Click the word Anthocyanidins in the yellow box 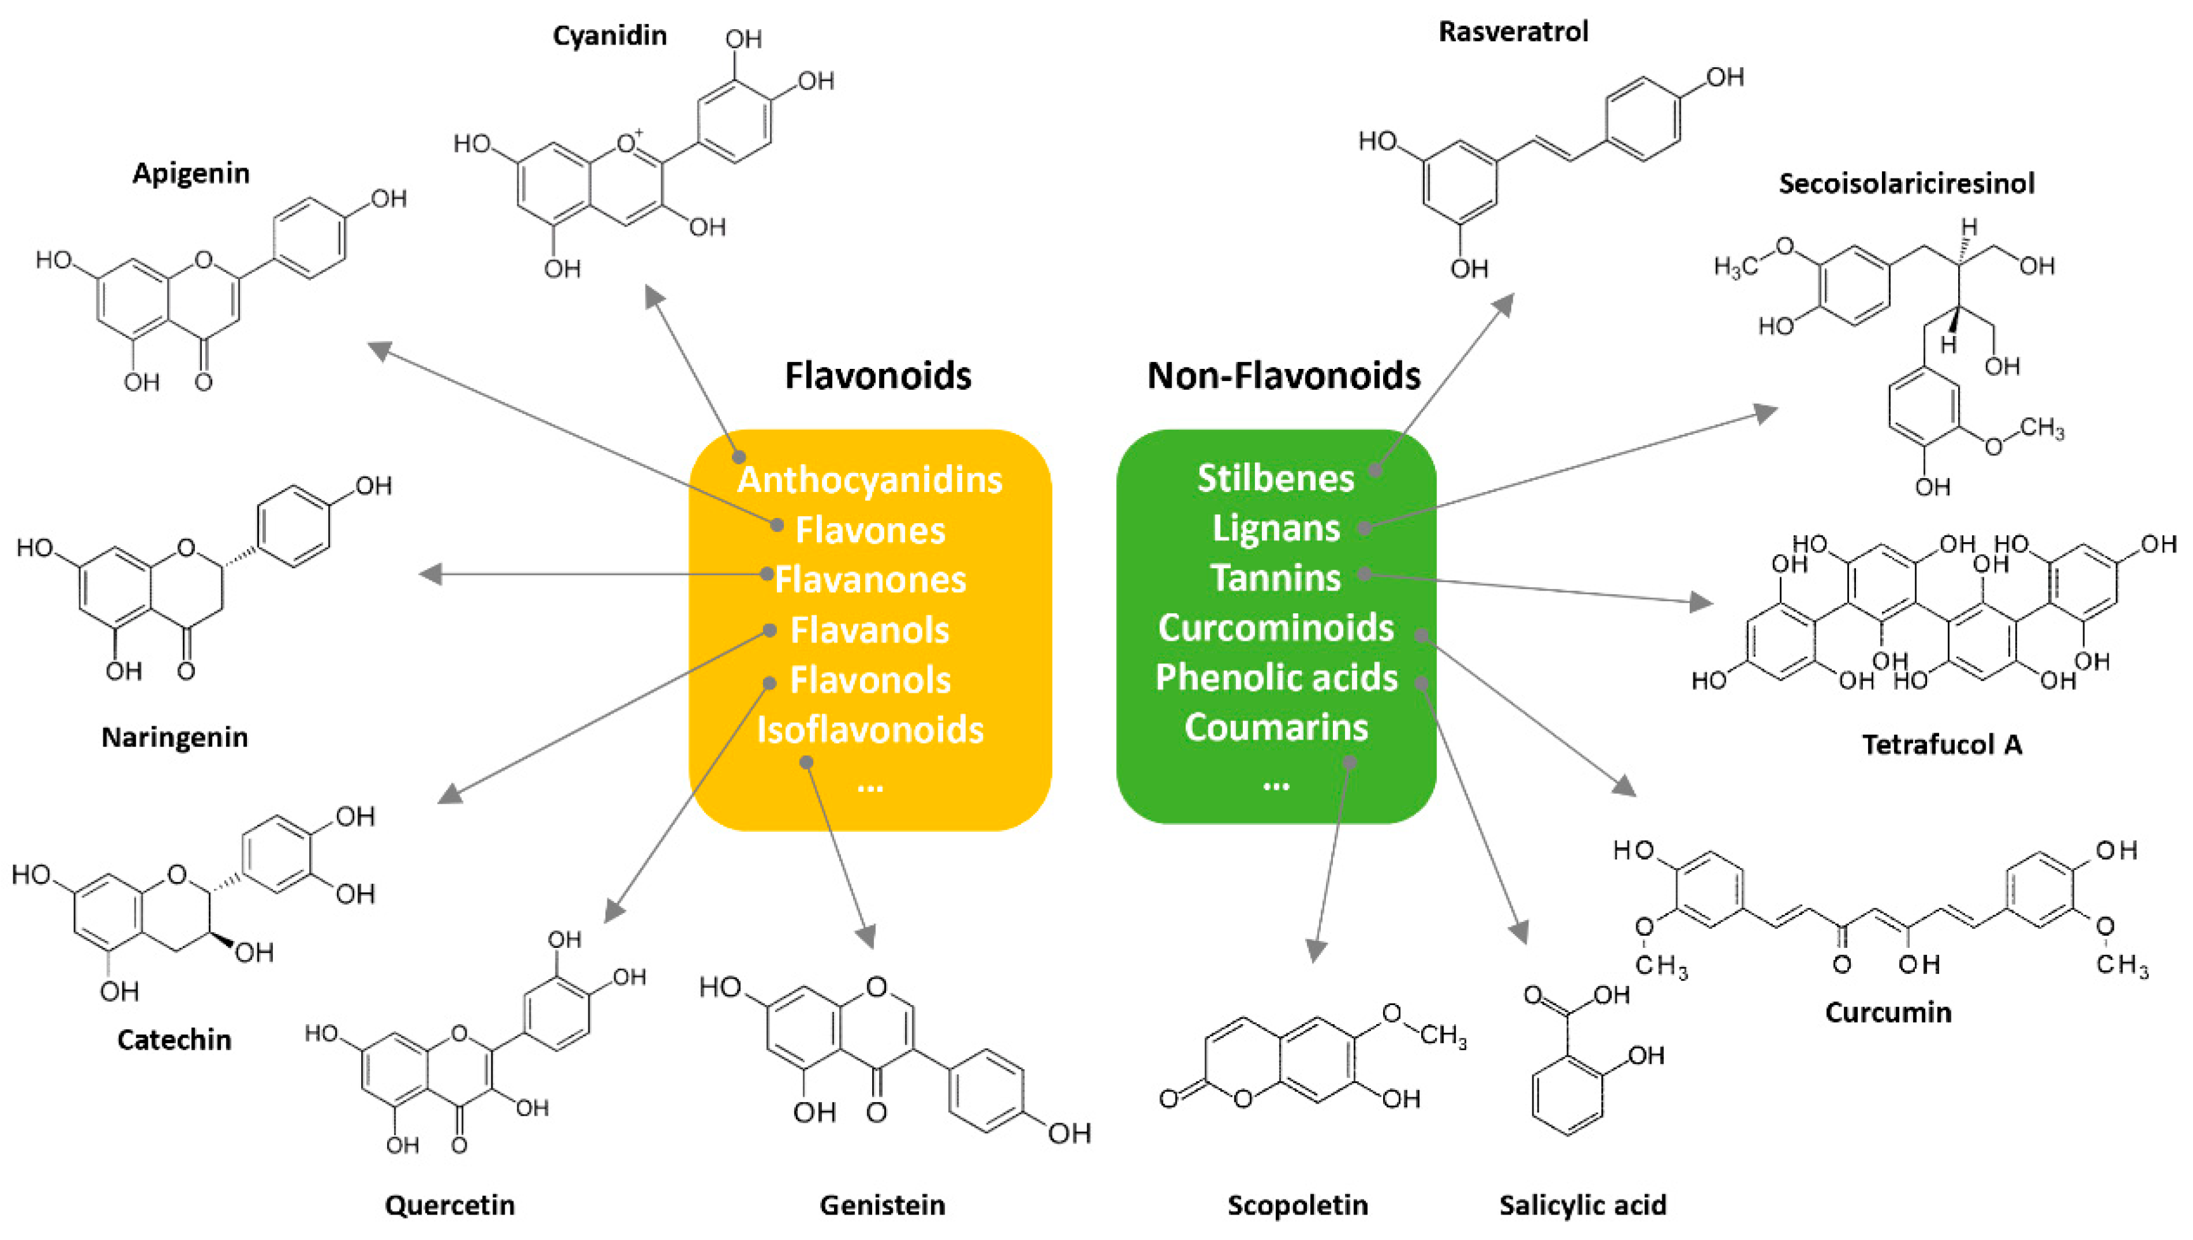[869, 479]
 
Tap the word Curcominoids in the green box [1275, 628]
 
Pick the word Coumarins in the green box [1275, 728]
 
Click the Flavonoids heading [878, 376]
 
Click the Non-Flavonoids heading [1284, 376]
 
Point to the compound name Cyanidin [609, 36]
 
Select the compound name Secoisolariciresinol [1906, 183]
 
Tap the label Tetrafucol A [1942, 744]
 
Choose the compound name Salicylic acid [1582, 1204]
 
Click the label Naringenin [175, 737]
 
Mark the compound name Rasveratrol [1513, 32]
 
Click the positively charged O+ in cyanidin [628, 142]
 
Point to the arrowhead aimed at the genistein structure [866, 937]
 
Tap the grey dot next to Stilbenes [1375, 469]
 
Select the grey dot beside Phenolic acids [1421, 682]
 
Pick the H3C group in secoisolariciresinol [1735, 267]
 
